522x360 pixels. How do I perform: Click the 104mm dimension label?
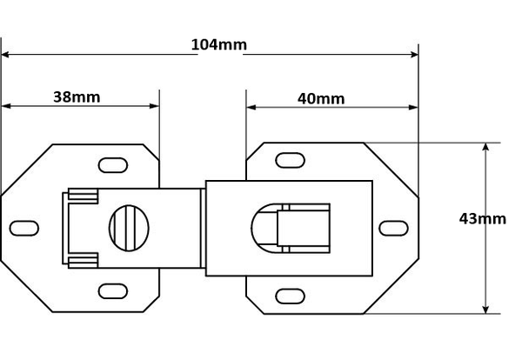click(219, 44)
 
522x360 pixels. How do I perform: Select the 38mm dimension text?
click(77, 97)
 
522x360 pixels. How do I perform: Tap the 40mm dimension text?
click(321, 99)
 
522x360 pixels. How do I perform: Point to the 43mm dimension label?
click(482, 219)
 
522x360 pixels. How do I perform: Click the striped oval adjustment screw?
click(129, 228)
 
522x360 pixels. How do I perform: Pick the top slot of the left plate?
click(113, 165)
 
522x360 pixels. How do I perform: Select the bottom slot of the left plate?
click(113, 291)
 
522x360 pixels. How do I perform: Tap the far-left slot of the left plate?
click(24, 228)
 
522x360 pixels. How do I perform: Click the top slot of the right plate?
click(290, 160)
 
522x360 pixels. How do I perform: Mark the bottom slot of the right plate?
click(290, 297)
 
